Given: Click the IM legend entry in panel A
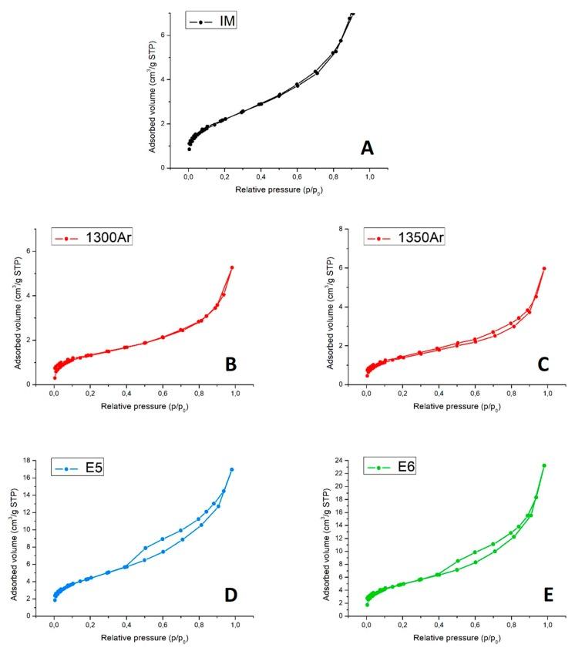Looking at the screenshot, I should coord(210,21).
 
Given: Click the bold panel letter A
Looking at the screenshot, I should coord(367,147).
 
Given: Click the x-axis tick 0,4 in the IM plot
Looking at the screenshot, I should coord(261,177).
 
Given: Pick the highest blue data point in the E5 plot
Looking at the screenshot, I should coord(231,469).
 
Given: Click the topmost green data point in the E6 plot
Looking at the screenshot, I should coord(543,465).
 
